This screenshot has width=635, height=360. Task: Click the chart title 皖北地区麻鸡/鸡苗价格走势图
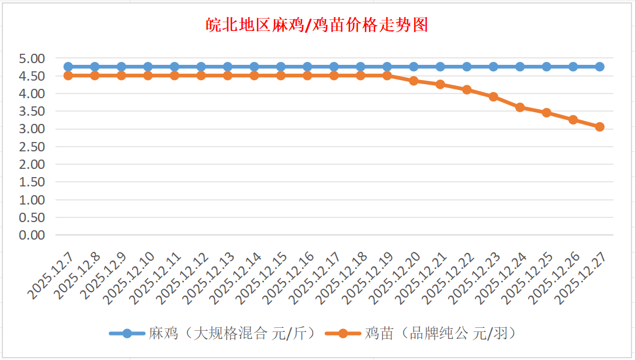(317, 25)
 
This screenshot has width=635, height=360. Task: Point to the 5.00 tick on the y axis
(32, 58)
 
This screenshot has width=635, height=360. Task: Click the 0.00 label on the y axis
(32, 235)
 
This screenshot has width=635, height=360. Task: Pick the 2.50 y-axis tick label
(32, 147)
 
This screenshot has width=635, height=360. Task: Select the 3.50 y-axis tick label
(32, 112)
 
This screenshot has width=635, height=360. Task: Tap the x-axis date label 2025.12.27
(581, 278)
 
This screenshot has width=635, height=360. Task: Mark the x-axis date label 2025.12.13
(210, 278)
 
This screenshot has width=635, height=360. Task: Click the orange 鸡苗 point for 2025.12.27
(599, 127)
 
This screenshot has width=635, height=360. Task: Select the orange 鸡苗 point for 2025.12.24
(520, 108)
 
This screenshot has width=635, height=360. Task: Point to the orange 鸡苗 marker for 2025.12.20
(414, 81)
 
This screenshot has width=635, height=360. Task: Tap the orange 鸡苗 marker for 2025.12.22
(467, 90)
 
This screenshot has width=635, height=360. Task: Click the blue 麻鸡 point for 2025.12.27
(599, 67)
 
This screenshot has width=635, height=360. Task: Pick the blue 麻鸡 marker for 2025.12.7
(68, 67)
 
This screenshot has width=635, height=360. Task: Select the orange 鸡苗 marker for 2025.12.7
(68, 75)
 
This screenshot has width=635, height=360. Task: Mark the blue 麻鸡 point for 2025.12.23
(493, 67)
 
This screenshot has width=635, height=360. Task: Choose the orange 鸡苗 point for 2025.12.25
(546, 113)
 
